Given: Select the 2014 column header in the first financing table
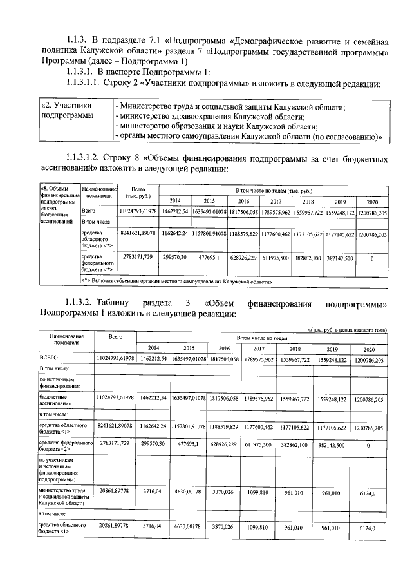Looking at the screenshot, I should [174, 200].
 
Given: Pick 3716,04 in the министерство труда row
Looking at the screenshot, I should [153, 492].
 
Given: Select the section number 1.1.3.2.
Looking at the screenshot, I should [86, 303].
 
